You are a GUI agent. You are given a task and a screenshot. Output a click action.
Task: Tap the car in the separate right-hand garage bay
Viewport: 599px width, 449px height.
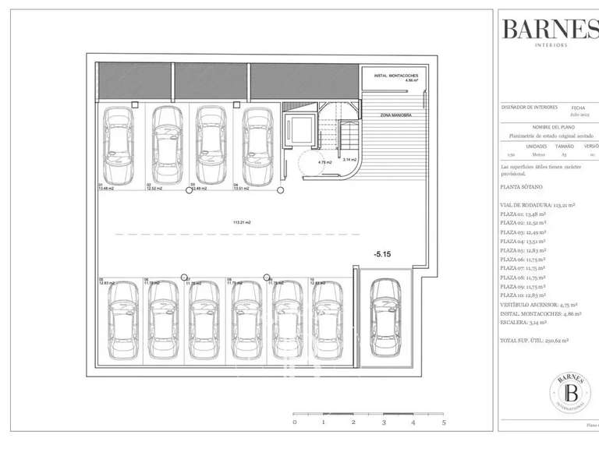tap(384, 316)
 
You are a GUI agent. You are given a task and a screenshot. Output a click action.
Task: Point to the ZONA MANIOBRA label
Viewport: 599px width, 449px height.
tap(395, 115)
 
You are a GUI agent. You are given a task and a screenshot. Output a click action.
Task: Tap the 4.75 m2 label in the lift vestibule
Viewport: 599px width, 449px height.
tap(325, 162)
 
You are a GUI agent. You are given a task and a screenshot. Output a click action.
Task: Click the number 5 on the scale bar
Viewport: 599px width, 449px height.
tap(443, 422)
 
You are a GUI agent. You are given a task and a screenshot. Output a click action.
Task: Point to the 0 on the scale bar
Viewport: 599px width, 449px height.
tap(294, 422)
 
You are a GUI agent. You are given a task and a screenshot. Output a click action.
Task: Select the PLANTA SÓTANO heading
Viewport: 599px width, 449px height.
tap(522, 188)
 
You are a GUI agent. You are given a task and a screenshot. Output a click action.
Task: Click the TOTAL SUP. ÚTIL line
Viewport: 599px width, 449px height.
tap(534, 341)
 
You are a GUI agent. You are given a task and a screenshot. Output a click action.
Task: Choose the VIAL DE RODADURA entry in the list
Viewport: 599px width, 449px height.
tap(537, 205)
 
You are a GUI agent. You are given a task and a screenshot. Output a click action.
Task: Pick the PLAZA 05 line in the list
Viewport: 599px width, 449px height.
tap(523, 250)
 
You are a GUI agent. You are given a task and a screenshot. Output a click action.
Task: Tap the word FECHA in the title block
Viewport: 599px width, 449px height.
tap(578, 108)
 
